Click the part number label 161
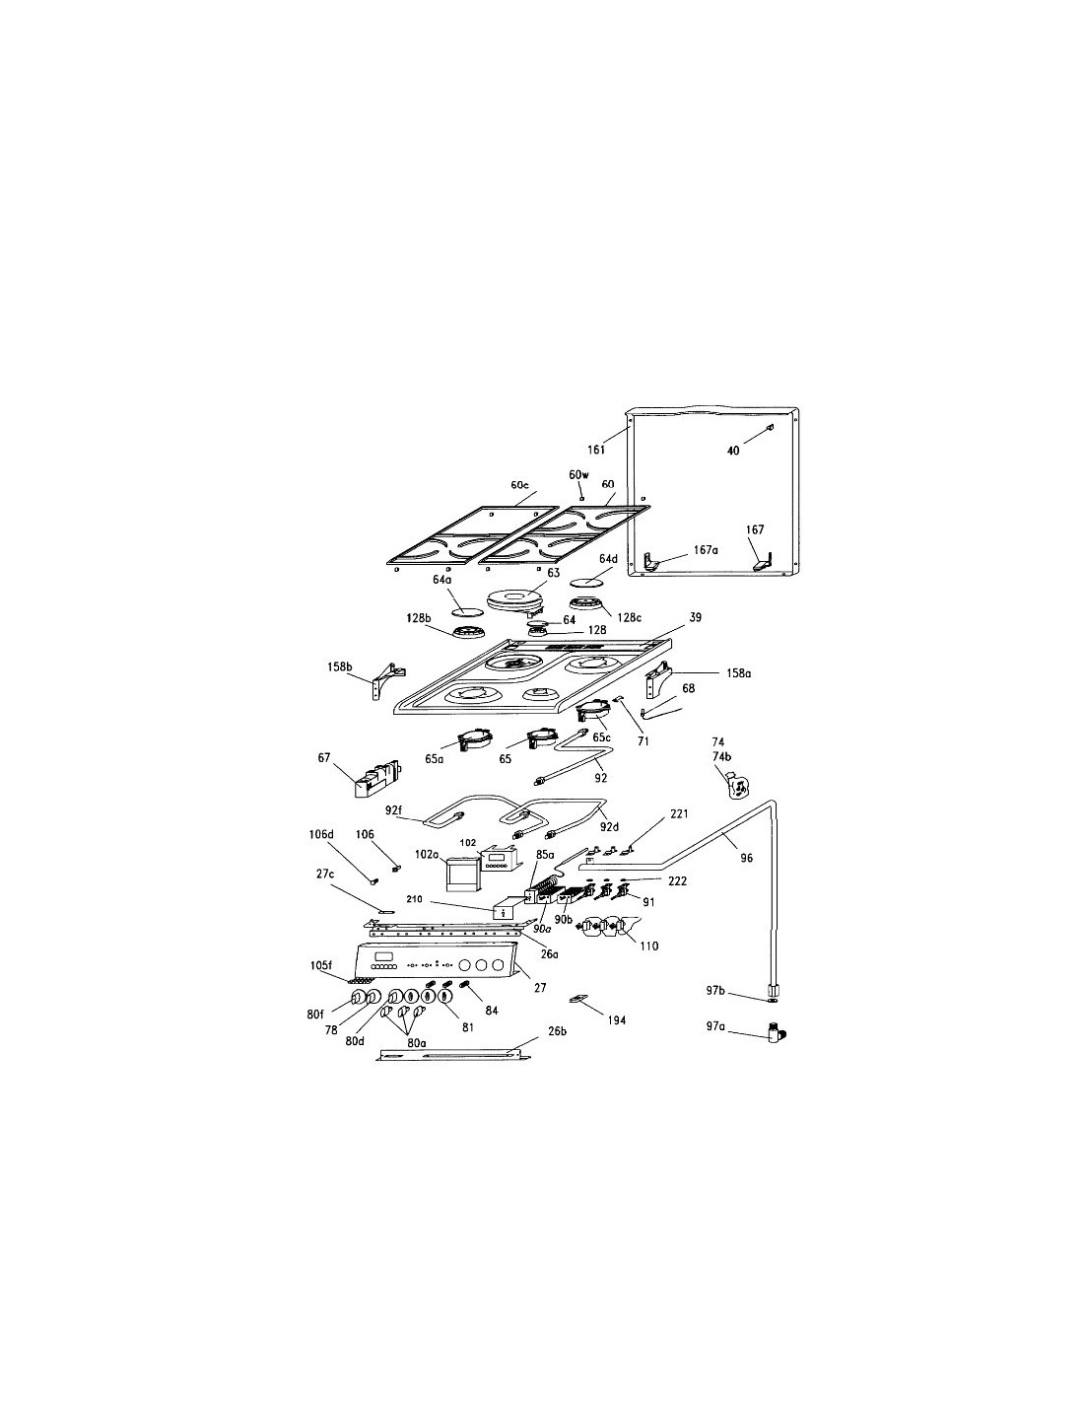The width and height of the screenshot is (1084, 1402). (x=596, y=449)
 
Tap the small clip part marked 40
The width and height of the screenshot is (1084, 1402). (x=770, y=428)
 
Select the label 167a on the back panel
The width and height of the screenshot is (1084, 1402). (x=706, y=550)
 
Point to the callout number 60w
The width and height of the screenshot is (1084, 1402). (x=578, y=475)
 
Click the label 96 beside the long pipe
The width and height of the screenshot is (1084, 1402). (x=746, y=858)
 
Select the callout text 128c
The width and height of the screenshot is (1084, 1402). (x=630, y=617)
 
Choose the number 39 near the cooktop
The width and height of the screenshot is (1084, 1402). (x=695, y=617)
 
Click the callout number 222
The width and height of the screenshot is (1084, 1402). (x=677, y=880)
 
